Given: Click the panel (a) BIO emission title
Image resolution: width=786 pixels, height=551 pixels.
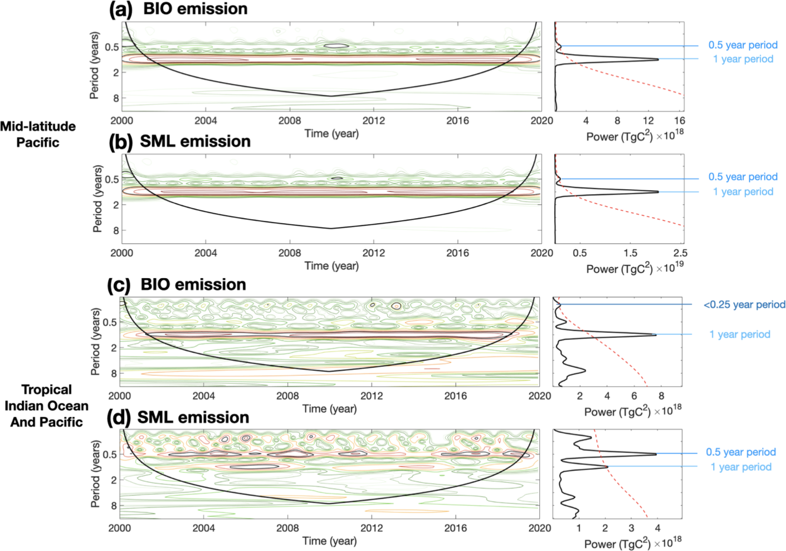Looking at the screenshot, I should tap(179, 9).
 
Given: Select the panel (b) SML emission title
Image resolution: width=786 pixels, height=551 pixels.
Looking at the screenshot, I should tap(179, 142).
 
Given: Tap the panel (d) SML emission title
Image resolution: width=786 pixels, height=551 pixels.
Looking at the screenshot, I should tap(178, 417).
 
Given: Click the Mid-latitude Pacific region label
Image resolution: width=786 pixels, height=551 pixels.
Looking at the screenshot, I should tap(38, 134).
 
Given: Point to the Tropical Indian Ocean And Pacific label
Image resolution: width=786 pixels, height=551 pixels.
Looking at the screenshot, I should tap(47, 406).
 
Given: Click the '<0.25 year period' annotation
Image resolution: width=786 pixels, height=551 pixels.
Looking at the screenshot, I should tap(744, 304).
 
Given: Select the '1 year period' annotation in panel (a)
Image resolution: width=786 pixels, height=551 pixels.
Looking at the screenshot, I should tap(743, 59).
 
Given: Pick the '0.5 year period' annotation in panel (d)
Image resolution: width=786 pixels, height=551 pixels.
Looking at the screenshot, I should tap(741, 452).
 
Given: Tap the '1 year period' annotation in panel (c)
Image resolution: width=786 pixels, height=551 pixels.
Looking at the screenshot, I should tap(740, 335).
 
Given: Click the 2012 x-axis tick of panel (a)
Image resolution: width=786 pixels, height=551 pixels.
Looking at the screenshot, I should tap(373, 120).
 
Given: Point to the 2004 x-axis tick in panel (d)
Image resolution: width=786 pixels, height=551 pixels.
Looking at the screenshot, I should tap(203, 528).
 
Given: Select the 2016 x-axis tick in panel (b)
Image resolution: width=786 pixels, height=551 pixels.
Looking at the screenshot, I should tap(457, 253).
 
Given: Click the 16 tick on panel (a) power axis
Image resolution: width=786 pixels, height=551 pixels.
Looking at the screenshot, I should tap(680, 120).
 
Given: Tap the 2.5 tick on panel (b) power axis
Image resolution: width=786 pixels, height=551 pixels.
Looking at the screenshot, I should tap(680, 253).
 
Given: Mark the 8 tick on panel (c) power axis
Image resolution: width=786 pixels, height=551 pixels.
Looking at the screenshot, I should tap(661, 396).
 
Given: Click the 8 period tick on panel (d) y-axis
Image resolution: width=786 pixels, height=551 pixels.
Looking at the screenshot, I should tap(113, 506).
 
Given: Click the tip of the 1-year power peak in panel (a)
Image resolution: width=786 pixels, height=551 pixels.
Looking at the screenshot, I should tap(658, 59).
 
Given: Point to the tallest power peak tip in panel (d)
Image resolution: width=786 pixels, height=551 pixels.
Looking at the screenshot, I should tap(656, 454).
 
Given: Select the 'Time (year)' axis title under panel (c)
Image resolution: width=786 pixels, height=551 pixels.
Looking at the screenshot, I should tap(329, 409).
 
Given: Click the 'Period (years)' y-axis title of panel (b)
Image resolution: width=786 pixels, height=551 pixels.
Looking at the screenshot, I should tap(97, 199).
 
